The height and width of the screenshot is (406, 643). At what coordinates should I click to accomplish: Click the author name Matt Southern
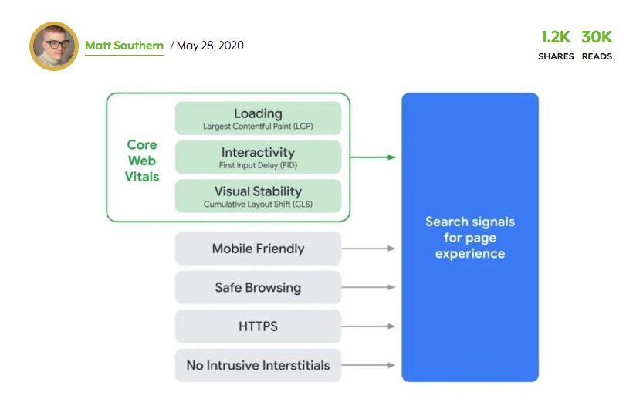(x=124, y=46)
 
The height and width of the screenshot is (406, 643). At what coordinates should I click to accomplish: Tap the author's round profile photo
(x=54, y=46)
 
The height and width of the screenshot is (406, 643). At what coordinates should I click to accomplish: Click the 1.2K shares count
(x=556, y=37)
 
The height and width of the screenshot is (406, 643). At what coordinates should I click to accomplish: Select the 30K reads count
(x=597, y=37)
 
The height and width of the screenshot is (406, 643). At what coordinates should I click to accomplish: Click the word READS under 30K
(x=597, y=56)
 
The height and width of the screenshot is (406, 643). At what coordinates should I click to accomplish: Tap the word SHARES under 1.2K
(x=556, y=56)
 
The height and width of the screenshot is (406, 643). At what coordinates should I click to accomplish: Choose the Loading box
(x=258, y=118)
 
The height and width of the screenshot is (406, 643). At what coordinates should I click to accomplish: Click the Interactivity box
(x=258, y=157)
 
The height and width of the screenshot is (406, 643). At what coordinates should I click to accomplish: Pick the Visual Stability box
(x=258, y=196)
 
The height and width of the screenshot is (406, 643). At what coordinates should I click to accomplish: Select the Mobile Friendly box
(x=258, y=249)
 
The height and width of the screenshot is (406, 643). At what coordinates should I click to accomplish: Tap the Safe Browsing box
(x=258, y=287)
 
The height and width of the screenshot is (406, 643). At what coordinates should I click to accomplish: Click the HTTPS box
(x=258, y=326)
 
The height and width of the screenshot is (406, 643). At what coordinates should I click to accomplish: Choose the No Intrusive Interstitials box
(x=258, y=365)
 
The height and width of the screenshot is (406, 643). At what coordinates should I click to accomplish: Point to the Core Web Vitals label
(x=142, y=161)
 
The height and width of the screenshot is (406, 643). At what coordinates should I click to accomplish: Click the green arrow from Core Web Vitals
(x=373, y=157)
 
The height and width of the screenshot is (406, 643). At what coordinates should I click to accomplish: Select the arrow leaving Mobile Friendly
(x=368, y=249)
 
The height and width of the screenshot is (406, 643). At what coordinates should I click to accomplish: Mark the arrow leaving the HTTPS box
(x=368, y=326)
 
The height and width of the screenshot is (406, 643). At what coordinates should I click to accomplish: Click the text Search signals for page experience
(x=470, y=238)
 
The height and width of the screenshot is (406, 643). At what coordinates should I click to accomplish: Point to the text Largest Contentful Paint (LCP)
(x=258, y=127)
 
